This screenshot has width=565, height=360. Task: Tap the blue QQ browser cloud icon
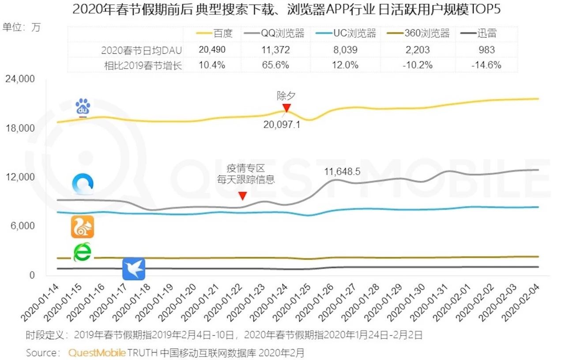click(x=83, y=185)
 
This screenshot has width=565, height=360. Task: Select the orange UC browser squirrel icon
click(x=83, y=227)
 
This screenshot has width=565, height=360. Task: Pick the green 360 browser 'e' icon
click(x=82, y=252)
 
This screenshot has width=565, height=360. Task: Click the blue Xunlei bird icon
click(x=133, y=269)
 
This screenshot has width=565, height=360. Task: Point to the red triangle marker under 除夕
click(x=286, y=108)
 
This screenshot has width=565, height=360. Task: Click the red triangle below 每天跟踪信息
click(x=242, y=196)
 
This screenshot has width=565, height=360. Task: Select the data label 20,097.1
click(x=282, y=124)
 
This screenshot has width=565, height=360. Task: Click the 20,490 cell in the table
click(x=212, y=50)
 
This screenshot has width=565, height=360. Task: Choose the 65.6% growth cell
click(x=275, y=65)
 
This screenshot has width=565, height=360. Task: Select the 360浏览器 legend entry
click(x=419, y=34)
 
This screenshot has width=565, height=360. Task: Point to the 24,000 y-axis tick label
click(x=19, y=79)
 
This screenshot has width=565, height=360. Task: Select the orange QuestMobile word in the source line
click(x=97, y=352)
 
